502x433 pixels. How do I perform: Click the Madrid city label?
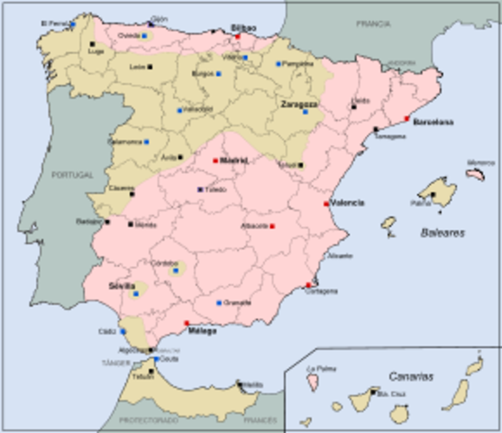(234, 161)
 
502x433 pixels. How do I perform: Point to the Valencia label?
(348, 203)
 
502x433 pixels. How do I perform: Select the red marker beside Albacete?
(272, 225)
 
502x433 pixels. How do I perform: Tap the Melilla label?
(253, 385)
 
